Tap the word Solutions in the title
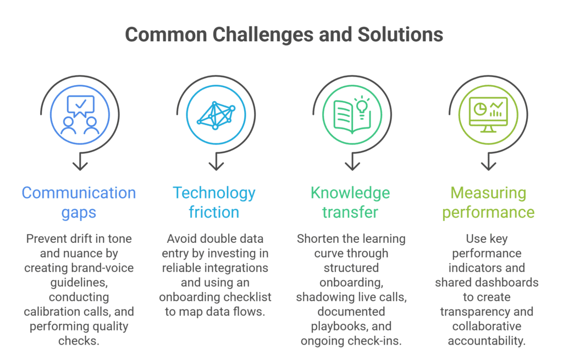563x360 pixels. point(400,35)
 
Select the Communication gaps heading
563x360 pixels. point(79,202)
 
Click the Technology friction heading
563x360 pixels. point(214,202)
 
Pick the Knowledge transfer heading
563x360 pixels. point(350,202)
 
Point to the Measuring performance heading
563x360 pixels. point(488,202)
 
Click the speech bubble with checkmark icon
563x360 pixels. point(81,106)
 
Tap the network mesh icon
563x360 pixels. point(216,115)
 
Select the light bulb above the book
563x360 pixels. point(362,107)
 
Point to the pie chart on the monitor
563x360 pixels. point(480,109)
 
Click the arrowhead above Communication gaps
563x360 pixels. point(80,166)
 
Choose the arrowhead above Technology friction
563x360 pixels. point(216,166)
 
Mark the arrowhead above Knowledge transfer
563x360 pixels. point(352,166)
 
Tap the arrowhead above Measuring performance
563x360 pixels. point(489,166)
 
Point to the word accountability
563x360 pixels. point(487,341)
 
